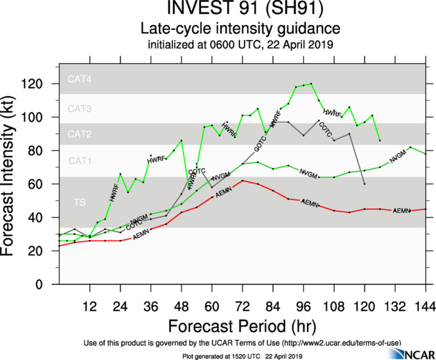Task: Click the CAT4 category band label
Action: pyautogui.click(x=80, y=80)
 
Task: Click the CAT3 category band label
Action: pyautogui.click(x=80, y=109)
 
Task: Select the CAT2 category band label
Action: pyautogui.click(x=80, y=134)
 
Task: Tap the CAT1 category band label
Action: pyautogui.click(x=80, y=161)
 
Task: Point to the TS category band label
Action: pyautogui.click(x=80, y=203)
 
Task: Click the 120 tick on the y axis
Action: pyautogui.click(x=44, y=84)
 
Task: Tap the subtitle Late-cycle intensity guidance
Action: pyautogui.click(x=240, y=29)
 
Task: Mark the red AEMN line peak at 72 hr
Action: pyautogui.click(x=243, y=181)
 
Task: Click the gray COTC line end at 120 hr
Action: pyautogui.click(x=364, y=184)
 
